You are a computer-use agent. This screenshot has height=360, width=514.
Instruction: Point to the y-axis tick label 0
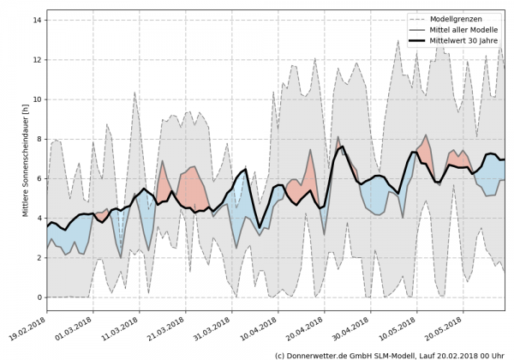(38, 297)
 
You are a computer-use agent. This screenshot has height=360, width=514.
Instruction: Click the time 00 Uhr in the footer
(492, 354)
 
